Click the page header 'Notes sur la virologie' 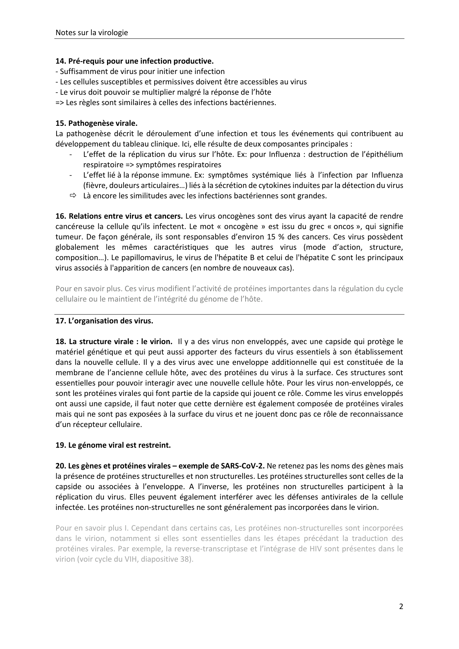(x=92, y=33)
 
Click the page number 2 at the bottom (x=401, y=606)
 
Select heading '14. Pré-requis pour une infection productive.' (x=135, y=61)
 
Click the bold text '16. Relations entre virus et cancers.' (x=119, y=216)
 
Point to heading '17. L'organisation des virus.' (x=104, y=321)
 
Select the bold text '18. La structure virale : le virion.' (x=114, y=342)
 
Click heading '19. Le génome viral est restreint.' (x=113, y=445)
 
